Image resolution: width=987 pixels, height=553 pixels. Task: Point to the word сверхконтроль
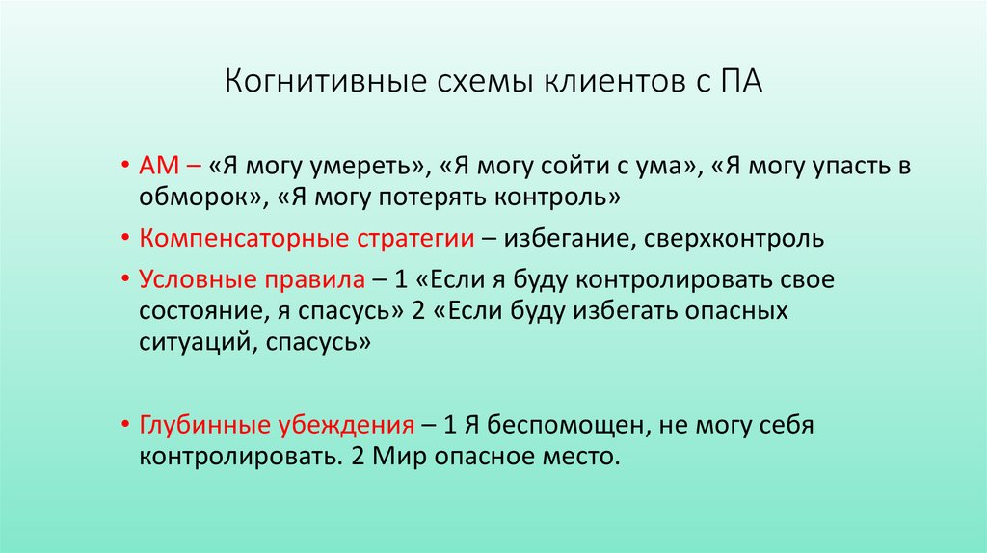coord(737,239)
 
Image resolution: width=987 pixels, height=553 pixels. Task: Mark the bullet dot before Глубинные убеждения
coord(127,425)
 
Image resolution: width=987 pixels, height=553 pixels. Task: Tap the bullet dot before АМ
coord(127,166)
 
